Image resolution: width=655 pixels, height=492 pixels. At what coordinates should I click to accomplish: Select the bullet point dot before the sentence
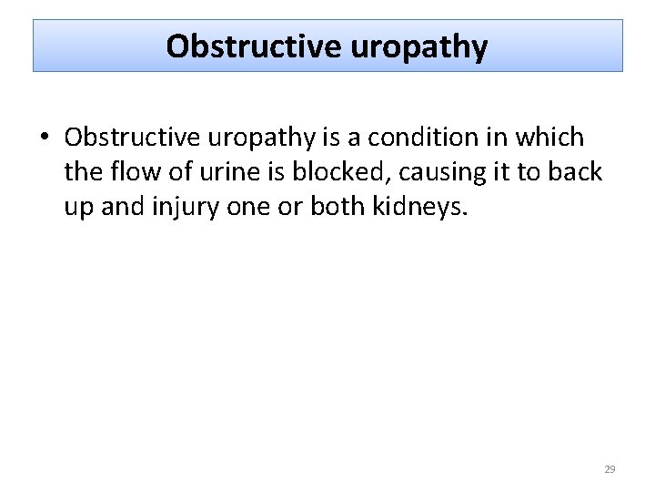pos(45,138)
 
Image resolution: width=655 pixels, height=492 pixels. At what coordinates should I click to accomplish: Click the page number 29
pos(610,469)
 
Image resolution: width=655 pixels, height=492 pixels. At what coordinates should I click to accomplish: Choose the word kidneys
pos(420,209)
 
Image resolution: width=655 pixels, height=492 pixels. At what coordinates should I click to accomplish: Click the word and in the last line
pos(118,207)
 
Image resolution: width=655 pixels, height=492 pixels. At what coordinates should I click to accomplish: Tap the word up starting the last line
pos(78,209)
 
